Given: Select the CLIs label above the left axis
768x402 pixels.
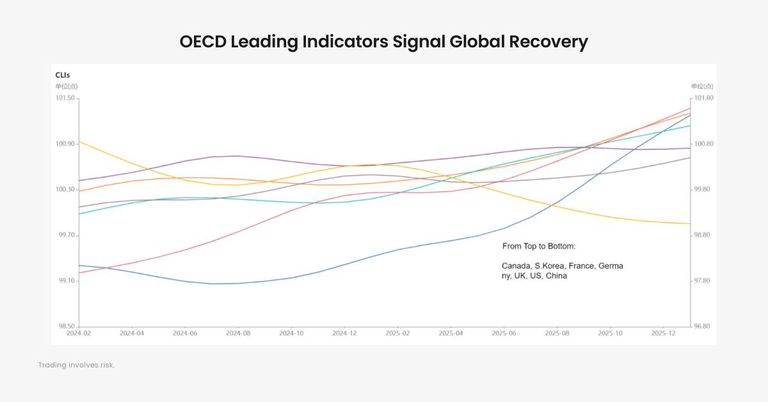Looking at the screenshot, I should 63,75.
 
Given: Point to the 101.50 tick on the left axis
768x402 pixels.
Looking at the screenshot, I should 66,98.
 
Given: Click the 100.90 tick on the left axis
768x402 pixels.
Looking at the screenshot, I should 66,144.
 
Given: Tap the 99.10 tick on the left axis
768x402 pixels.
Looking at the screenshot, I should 67,281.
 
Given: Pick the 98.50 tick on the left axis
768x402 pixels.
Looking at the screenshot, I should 67,326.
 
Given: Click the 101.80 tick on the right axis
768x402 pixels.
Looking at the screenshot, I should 704,98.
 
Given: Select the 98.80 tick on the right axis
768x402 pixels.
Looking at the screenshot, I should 703,236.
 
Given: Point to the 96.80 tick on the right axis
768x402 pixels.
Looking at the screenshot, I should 703,326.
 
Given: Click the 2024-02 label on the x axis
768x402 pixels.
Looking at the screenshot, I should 79,334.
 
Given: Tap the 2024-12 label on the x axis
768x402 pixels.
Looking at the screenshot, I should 344,334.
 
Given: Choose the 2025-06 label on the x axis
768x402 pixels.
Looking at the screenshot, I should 504,334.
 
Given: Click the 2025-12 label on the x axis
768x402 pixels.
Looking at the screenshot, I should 663,334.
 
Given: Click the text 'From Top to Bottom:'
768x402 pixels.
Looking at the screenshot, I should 539,246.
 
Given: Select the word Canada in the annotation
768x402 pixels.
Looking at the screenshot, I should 516,266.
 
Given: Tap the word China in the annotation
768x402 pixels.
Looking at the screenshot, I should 556,276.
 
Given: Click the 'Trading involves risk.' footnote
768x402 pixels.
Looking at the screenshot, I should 76,365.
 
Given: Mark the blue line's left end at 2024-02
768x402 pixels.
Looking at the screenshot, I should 79,265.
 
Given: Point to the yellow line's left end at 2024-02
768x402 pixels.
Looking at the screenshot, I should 79,141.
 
